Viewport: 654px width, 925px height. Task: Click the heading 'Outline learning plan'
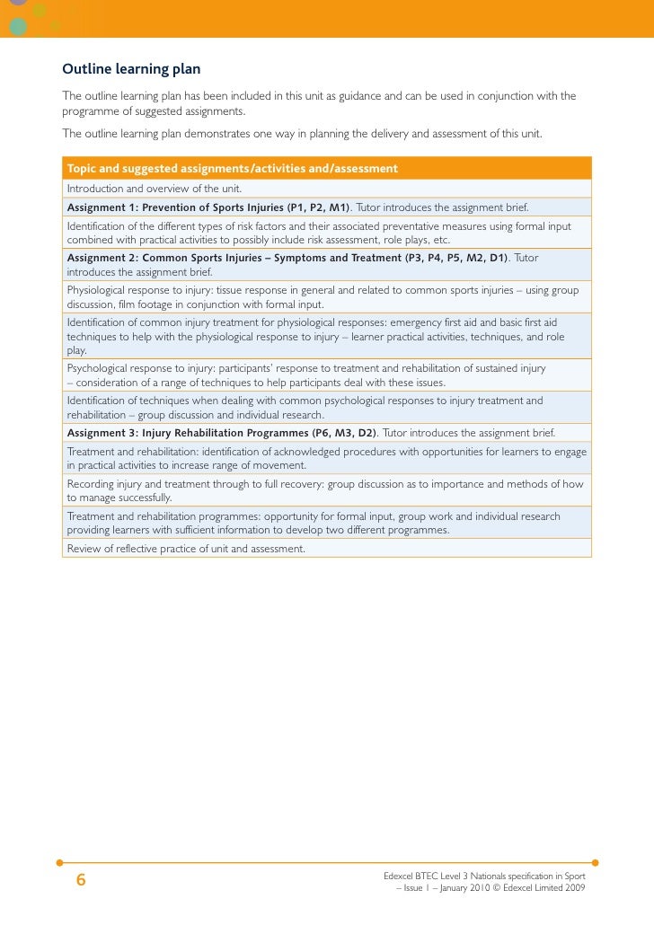pos(131,69)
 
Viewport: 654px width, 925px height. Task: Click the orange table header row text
pos(233,169)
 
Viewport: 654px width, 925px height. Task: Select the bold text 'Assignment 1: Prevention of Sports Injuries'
pos(175,207)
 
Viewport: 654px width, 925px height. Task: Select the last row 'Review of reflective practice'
pos(186,548)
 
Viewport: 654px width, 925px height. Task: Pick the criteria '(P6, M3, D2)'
pos(343,432)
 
